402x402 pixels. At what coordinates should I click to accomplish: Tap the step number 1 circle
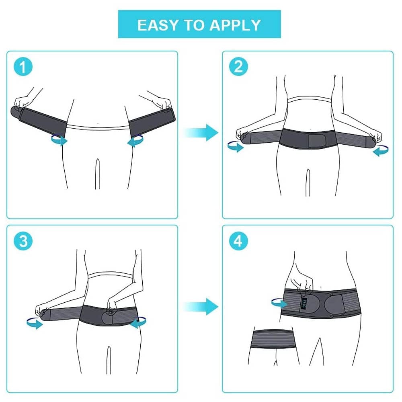click(23, 67)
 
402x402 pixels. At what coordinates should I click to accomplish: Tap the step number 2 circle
click(238, 67)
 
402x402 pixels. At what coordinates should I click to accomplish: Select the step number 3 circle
click(23, 241)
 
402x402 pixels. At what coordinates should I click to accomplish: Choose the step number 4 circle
click(238, 241)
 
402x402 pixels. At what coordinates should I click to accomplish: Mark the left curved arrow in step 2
click(235, 147)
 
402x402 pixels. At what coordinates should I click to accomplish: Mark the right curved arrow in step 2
click(380, 151)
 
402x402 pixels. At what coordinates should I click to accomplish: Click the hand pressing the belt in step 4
click(302, 281)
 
